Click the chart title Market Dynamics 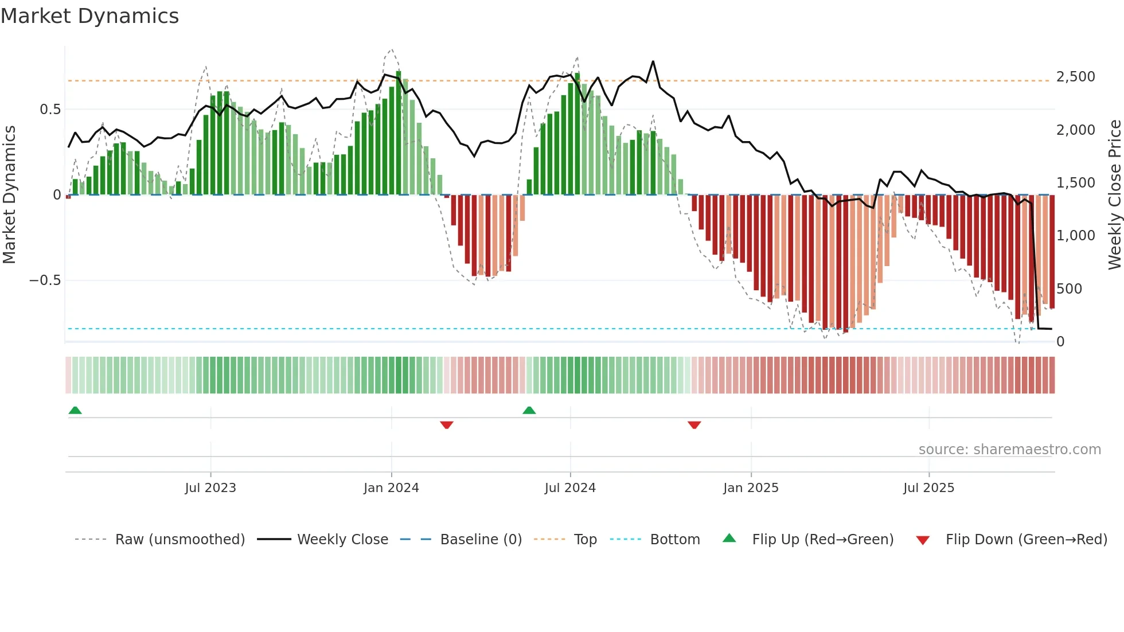[x=89, y=16]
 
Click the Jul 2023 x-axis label [x=210, y=488]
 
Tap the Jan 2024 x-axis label [x=391, y=488]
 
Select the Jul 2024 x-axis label [x=570, y=488]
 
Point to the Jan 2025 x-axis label [x=751, y=488]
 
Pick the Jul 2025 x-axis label [x=928, y=488]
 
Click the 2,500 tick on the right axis [x=1075, y=77]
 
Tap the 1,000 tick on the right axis [x=1075, y=236]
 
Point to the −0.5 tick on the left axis [x=45, y=280]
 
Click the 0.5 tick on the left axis [x=50, y=110]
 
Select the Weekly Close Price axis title [x=1114, y=194]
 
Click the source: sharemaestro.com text [x=1009, y=450]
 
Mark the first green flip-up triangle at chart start [x=75, y=410]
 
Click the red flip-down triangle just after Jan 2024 [x=447, y=425]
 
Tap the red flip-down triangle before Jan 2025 [x=694, y=425]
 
